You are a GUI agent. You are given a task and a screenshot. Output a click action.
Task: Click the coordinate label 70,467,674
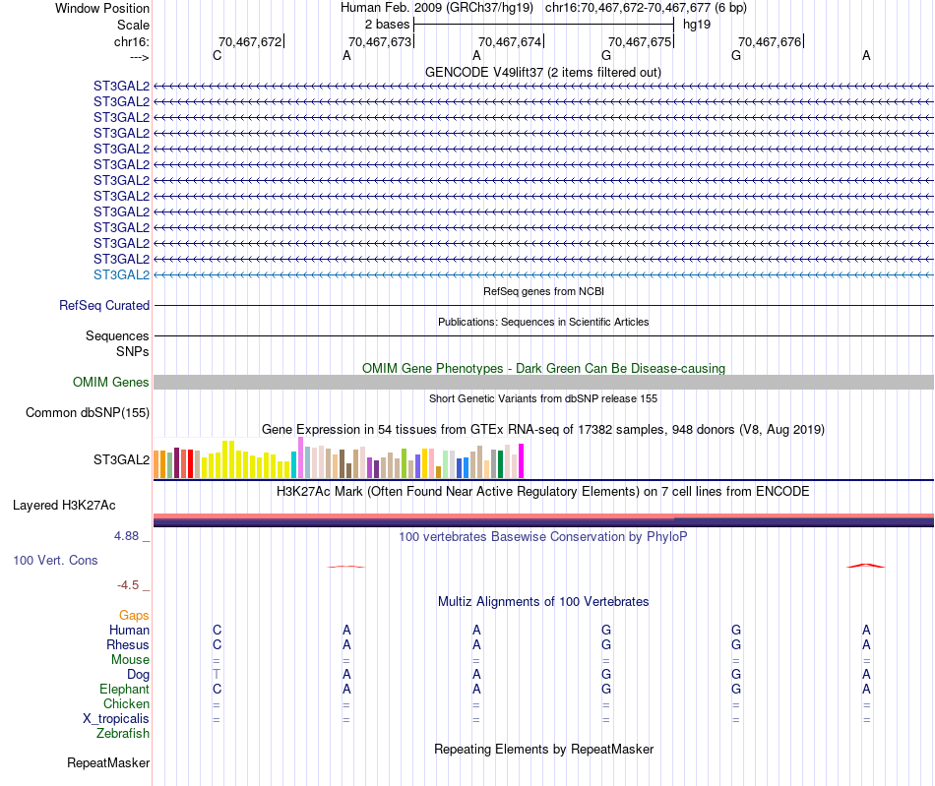coord(510,41)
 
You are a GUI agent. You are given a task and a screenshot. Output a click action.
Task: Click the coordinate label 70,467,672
coord(250,41)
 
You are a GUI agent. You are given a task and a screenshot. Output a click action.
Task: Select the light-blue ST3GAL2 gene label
coord(121,274)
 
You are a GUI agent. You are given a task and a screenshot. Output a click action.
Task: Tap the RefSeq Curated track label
coord(104,306)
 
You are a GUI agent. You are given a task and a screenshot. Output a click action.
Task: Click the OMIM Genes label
coord(110,382)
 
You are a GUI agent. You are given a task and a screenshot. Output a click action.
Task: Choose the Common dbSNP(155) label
coord(88,412)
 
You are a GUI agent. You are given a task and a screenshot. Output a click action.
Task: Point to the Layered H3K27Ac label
coord(64,506)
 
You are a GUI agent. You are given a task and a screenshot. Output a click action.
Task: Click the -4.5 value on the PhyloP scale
coord(129,585)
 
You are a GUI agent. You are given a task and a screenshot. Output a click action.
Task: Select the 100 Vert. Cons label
coord(55,560)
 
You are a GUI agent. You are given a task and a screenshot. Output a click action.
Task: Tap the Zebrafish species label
coord(123,733)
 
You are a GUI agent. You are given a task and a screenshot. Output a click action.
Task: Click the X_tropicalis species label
coord(116,718)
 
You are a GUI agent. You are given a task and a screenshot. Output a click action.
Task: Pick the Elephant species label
coord(124,689)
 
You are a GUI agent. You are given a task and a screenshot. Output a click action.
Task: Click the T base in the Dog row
coord(217,674)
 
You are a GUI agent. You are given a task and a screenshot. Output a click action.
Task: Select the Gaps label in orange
coord(134,615)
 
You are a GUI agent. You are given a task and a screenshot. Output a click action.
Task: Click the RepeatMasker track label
coord(108,762)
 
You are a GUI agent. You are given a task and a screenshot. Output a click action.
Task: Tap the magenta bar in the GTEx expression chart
coord(522,460)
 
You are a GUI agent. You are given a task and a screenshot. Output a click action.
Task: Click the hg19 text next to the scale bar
coord(696,24)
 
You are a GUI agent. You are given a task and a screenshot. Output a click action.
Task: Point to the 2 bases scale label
coord(387,24)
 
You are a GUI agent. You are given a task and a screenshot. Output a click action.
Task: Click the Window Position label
coord(102,8)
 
